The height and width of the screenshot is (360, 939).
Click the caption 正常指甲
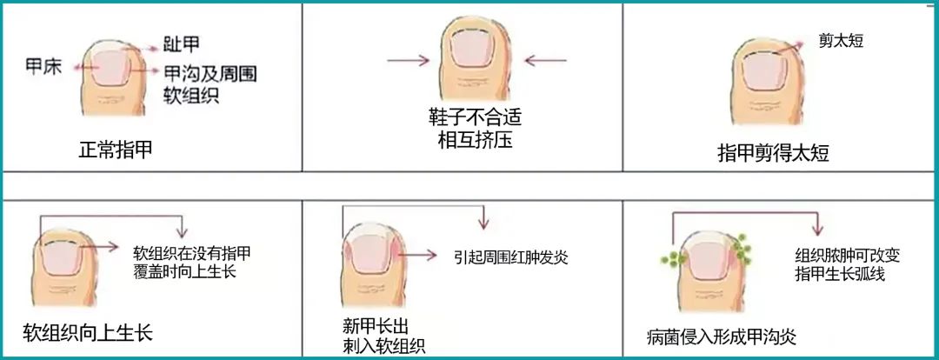coord(116,149)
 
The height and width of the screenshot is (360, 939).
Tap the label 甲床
coord(43,66)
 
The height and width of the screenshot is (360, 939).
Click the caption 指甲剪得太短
coord(773,153)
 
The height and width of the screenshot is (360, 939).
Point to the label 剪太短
coord(841,41)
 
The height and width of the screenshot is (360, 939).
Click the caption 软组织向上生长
coord(88,332)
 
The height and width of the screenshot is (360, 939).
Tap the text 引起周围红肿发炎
coord(510,257)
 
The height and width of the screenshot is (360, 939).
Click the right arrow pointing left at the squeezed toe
coord(545,60)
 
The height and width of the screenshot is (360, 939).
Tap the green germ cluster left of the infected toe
coord(674,259)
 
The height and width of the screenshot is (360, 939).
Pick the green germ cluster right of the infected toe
coord(743,246)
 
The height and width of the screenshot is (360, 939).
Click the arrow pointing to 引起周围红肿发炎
coord(416,255)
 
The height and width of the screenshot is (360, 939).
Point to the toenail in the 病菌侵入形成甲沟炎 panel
coord(710,263)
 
